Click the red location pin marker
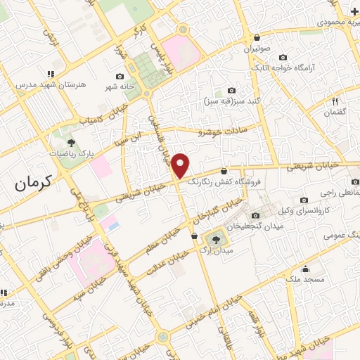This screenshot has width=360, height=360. (181, 166)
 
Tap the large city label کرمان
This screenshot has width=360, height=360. (33, 184)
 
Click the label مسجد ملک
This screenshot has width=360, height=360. (306, 279)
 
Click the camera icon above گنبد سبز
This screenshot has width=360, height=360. (232, 90)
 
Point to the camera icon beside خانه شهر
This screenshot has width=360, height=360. (120, 77)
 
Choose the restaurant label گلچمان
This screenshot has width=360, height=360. (335, 112)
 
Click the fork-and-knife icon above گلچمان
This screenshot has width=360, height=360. (335, 101)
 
